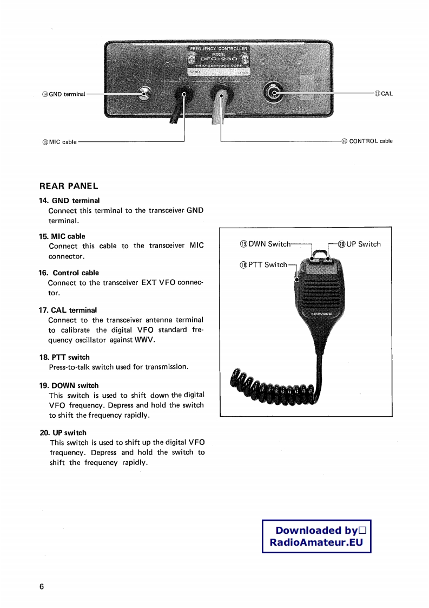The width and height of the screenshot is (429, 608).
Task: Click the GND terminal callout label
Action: click(64, 94)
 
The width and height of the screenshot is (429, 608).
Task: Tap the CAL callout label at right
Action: click(384, 93)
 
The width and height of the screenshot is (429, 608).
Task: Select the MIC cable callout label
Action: click(60, 142)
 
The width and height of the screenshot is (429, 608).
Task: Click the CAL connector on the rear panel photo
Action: click(274, 94)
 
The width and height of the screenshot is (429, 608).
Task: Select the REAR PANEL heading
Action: click(69, 186)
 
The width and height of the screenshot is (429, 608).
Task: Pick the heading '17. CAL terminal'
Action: click(68, 310)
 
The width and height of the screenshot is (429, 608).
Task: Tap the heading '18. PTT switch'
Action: click(64, 357)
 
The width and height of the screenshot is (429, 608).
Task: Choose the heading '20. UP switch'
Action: click(63, 432)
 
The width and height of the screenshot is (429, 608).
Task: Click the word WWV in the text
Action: click(144, 340)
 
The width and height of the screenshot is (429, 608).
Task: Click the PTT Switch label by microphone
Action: click(263, 264)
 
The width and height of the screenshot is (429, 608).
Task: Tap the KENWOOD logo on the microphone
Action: click(321, 314)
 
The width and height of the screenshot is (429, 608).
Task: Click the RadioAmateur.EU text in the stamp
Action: click(316, 543)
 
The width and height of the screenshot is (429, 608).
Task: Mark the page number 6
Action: click(42, 587)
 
